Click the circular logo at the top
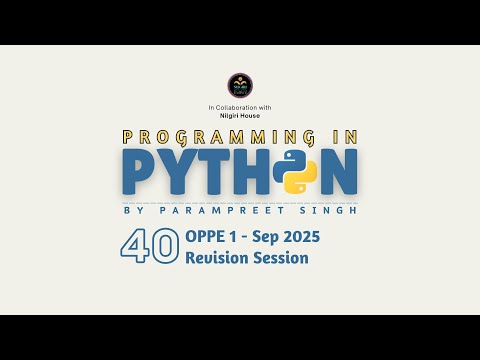[x=240, y=84]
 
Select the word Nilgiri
[x=229, y=115]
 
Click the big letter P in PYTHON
[x=140, y=172]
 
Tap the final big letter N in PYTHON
[x=338, y=172]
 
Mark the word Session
[x=282, y=258]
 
